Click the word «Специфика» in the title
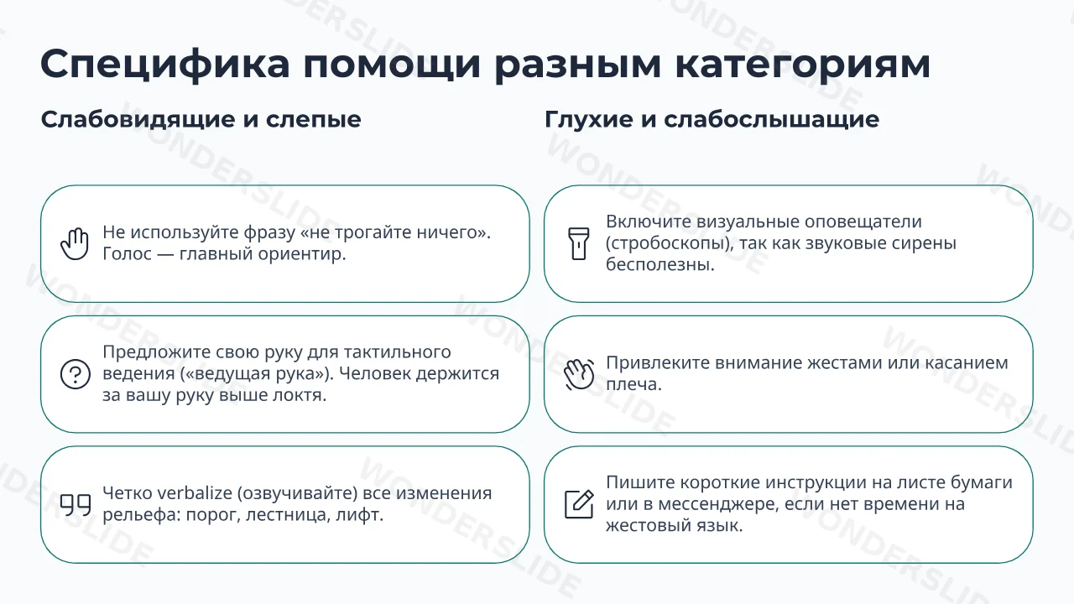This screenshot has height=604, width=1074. [x=165, y=65]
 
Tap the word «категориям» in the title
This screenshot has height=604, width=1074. [x=803, y=65]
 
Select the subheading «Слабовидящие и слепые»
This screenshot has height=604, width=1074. [x=201, y=119]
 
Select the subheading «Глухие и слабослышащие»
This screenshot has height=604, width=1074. [x=712, y=119]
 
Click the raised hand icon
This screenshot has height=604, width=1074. [x=75, y=243]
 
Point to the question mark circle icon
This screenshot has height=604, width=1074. [x=76, y=374]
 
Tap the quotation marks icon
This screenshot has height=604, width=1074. [x=76, y=505]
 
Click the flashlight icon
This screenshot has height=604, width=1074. [x=579, y=243]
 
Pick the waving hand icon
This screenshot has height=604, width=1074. [x=579, y=374]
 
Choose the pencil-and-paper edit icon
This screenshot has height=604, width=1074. [x=579, y=504]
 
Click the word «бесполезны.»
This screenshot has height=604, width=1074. [x=660, y=264]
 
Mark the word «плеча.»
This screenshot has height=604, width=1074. [x=633, y=384]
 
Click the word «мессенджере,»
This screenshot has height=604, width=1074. [x=710, y=504]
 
